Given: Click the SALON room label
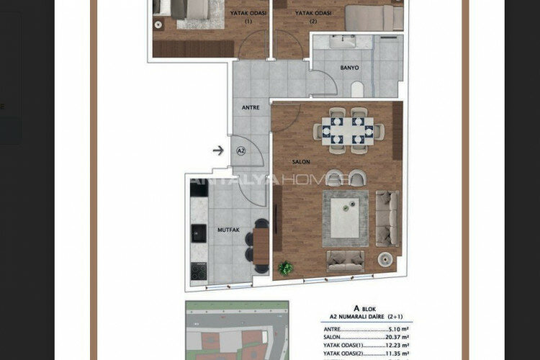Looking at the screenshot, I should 301,162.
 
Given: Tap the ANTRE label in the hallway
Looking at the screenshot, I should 250,108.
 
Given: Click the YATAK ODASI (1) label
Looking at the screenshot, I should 248,17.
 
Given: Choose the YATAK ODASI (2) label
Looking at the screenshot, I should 313,17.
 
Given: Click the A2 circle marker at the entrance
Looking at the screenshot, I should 241,150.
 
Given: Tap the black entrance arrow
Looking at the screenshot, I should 218,150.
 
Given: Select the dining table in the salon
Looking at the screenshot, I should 348,130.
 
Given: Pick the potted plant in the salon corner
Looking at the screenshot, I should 286,268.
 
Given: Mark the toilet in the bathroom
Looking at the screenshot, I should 356,88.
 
